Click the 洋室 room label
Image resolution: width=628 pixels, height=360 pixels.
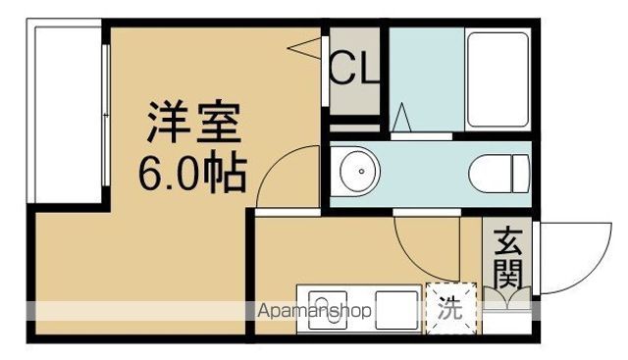point(193,126)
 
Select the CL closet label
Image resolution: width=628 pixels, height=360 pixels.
point(353,71)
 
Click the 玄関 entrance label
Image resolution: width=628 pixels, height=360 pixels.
point(507,258)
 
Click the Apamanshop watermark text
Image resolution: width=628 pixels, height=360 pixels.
point(315,312)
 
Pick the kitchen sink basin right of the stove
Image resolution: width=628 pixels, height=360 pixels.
point(394,308)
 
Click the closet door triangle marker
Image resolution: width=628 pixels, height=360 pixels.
point(312,45)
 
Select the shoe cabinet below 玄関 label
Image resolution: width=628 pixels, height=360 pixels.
point(507,299)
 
